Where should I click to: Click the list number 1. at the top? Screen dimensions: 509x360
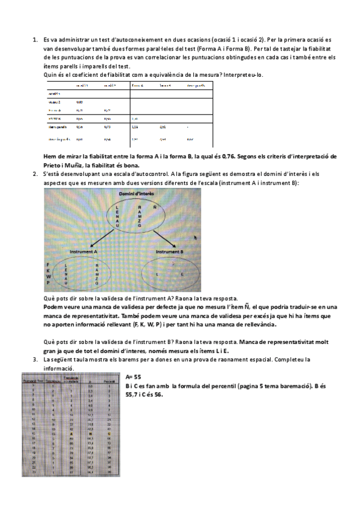coord(34,39)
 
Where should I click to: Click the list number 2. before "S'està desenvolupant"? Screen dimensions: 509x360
coord(34,174)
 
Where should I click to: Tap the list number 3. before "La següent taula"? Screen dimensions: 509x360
coord(34,358)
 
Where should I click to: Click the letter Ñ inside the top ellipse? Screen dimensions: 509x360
coord(155,208)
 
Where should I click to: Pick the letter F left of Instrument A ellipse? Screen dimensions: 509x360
coord(47,264)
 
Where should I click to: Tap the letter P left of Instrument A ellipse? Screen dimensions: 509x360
coord(47,283)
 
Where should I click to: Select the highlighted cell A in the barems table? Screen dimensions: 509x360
coord(72,433)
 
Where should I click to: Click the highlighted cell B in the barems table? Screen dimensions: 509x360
coord(91,433)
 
